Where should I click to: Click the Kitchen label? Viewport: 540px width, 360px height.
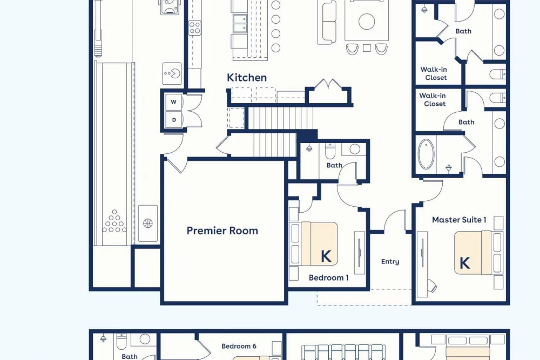[247, 77]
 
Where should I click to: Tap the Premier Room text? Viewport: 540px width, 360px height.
[222, 230]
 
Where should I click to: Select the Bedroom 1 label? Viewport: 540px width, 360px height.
[328, 278]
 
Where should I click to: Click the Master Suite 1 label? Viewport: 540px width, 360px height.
[459, 220]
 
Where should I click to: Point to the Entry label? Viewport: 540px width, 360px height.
[390, 262]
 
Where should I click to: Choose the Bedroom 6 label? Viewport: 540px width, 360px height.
[239, 346]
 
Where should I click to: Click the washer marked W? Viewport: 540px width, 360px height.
[173, 102]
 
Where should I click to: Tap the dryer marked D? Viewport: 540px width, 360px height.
[174, 120]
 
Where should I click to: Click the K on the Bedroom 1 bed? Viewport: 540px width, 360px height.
[326, 256]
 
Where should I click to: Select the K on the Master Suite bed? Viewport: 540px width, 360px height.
[464, 263]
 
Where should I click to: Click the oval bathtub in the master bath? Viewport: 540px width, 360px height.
[426, 154]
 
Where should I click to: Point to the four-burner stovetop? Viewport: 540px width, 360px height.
[194, 28]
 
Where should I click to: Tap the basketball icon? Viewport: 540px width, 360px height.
[148, 223]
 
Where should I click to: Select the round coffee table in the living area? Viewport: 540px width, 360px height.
[367, 22]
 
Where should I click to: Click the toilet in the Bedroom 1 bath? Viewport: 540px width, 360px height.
[330, 151]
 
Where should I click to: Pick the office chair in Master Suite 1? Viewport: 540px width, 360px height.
[432, 286]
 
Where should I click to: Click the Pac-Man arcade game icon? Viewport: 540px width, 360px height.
[172, 73]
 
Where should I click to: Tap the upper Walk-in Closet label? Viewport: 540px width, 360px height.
[434, 73]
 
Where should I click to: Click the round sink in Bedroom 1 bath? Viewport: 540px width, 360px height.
[354, 149]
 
